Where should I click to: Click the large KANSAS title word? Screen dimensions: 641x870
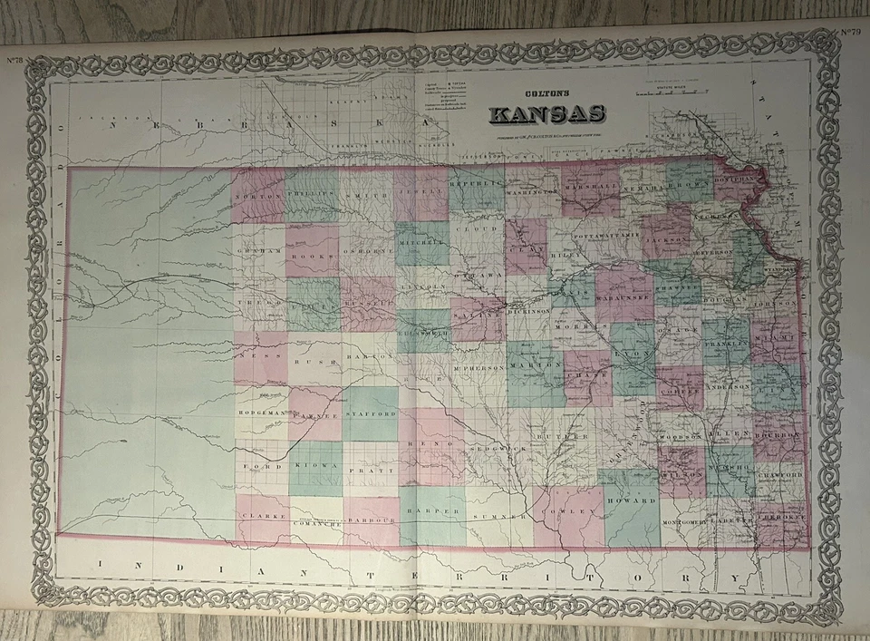click(546, 115)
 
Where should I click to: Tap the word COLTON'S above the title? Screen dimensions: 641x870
click(546, 93)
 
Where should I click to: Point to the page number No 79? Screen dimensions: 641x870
click(850, 34)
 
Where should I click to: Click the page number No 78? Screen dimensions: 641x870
click(15, 61)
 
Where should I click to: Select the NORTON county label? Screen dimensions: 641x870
click(256, 196)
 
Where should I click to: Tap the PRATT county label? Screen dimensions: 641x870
click(371, 471)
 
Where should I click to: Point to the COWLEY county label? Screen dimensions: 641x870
click(569, 512)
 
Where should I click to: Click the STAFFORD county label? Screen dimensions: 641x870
click(371, 413)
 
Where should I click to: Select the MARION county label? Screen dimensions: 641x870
click(531, 367)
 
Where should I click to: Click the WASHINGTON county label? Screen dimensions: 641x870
click(531, 193)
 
